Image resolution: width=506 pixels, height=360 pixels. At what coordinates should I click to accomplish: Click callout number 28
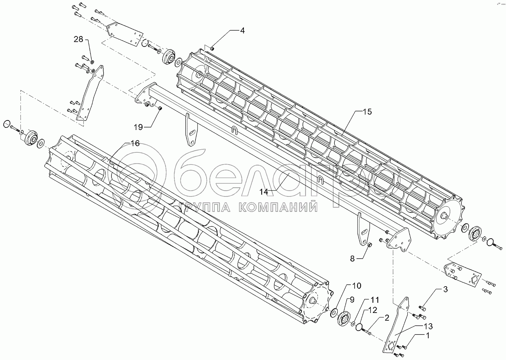pos(78,39)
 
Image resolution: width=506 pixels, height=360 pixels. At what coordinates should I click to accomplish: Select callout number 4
pos(242,30)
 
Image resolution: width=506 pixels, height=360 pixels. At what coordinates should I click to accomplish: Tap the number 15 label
pos(367,112)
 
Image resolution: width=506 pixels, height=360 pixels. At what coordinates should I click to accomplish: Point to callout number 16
pos(135,143)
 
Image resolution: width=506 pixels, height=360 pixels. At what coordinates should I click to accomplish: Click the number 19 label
pos(138,127)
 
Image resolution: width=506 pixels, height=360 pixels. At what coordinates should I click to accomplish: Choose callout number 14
pos(264,192)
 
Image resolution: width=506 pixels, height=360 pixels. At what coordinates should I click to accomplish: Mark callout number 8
pos(352,259)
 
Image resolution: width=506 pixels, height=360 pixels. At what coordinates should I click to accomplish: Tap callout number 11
pos(374,300)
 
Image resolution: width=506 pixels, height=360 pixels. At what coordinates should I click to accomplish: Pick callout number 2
pos(387,318)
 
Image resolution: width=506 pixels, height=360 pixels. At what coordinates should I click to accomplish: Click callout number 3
pos(445,289)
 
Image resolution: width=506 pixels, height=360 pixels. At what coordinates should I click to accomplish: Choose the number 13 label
pos(428,327)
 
